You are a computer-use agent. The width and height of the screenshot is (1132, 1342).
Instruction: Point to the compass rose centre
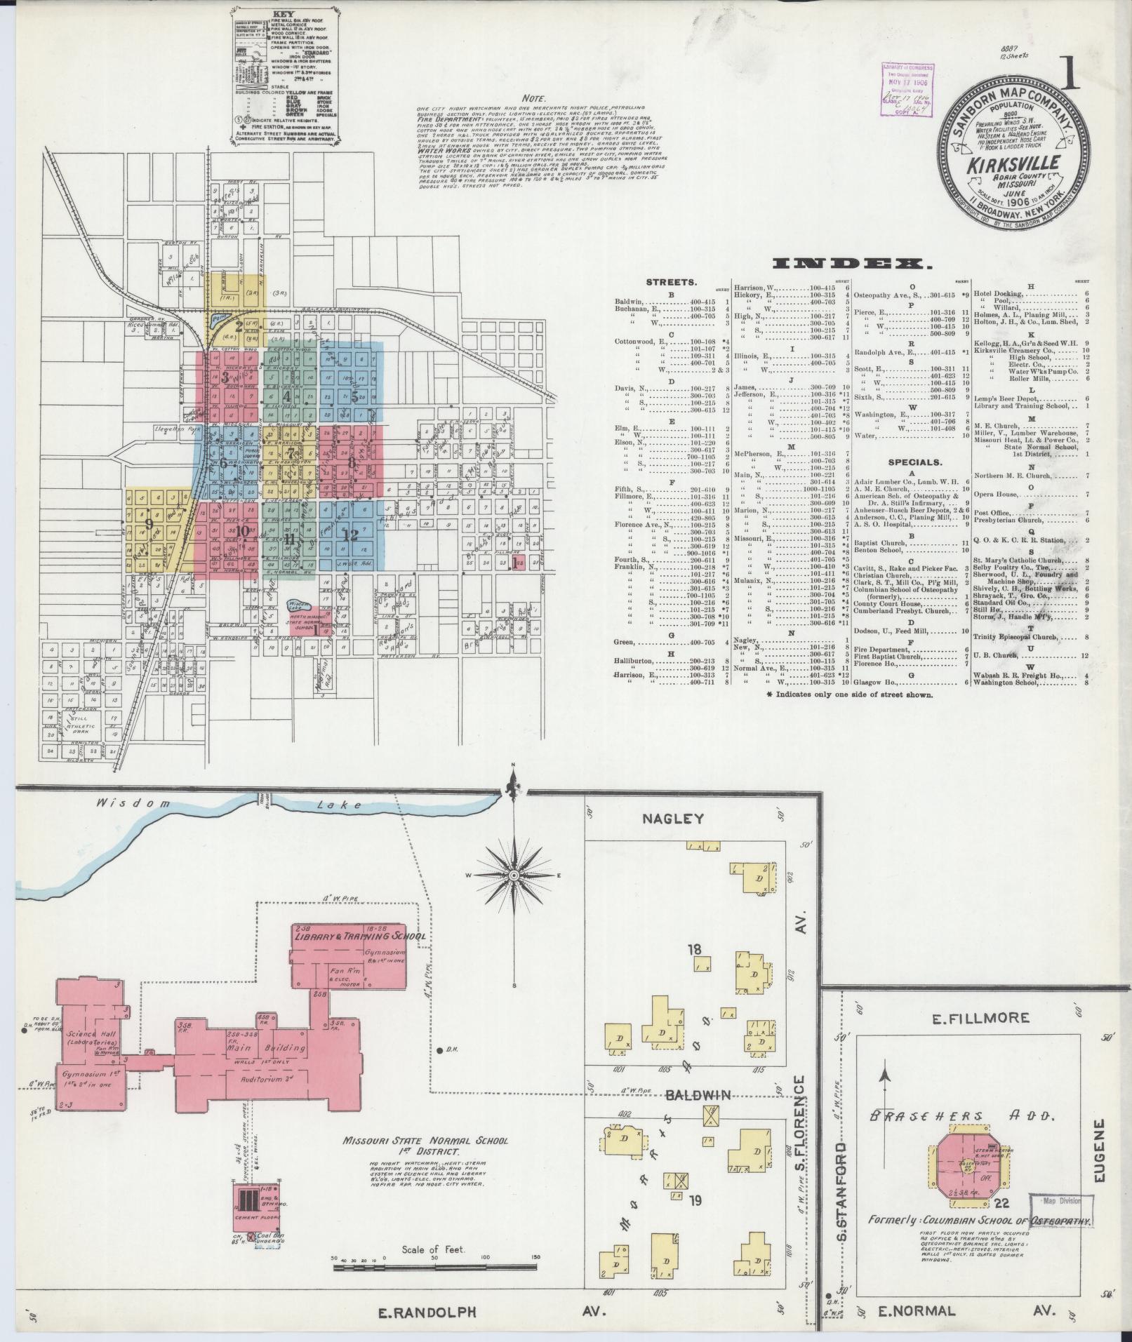pos(514,875)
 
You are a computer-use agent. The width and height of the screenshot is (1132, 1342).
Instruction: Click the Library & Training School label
pos(359,937)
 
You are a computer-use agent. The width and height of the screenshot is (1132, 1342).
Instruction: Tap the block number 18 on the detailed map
pos(695,950)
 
